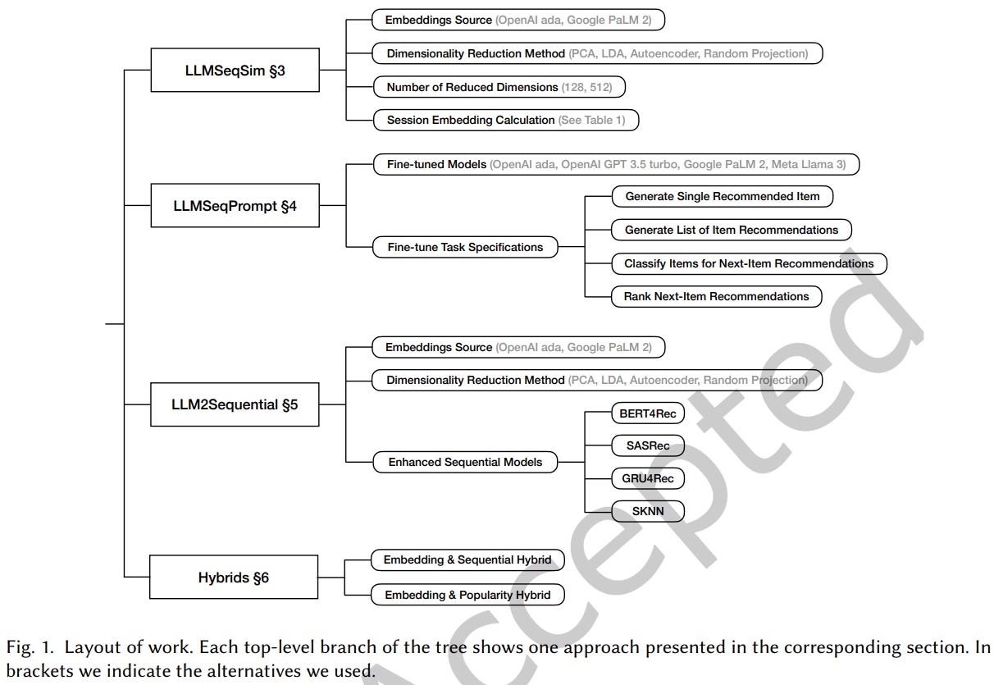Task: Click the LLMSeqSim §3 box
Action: coord(235,70)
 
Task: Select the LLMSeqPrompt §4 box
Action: coord(235,206)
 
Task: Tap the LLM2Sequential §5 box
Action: coord(235,404)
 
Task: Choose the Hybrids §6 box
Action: coord(234,578)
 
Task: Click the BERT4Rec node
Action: coord(648,413)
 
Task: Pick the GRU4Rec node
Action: coord(647,478)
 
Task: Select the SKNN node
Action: coord(647,511)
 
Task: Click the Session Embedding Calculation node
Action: coord(505,120)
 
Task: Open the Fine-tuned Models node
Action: coord(615,165)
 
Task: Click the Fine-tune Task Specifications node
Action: coord(465,247)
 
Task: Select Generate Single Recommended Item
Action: coord(722,197)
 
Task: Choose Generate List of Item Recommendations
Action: coord(732,230)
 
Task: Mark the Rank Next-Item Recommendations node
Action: coord(716,296)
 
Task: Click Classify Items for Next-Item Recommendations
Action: coord(749,263)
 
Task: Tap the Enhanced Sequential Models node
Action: coord(465,462)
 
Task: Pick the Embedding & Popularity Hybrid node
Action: coord(467,595)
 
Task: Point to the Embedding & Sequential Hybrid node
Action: coord(467,560)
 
